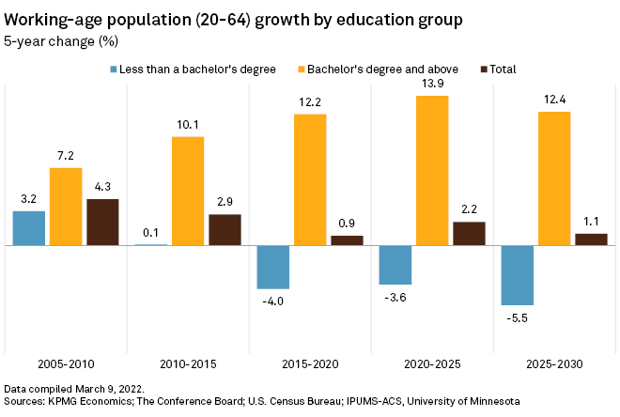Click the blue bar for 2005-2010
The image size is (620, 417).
coord(28,228)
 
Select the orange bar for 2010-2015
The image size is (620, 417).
coord(187,191)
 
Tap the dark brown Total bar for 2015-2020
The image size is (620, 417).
coord(347,240)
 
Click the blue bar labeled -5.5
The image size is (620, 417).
coord(517,275)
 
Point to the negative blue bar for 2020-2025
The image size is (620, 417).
coord(395,265)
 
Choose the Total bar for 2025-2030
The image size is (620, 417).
coord(591,239)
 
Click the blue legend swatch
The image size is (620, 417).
coord(114,69)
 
